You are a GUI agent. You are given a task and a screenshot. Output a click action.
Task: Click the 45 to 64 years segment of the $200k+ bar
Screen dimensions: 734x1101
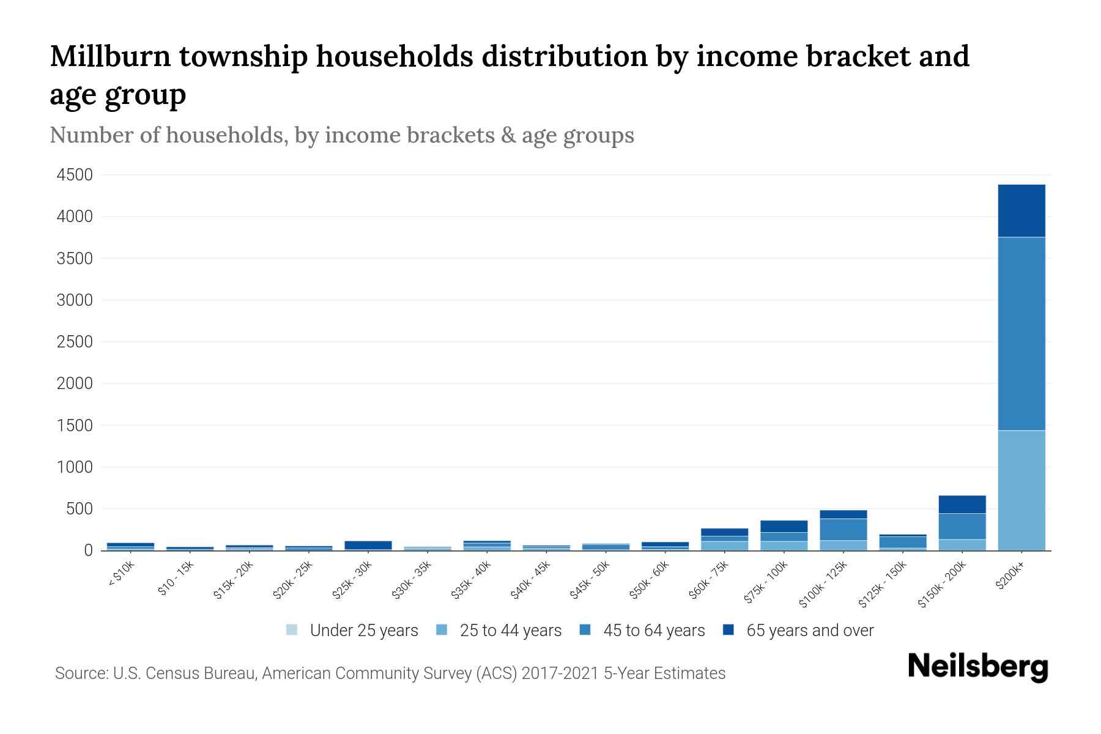coord(1021,333)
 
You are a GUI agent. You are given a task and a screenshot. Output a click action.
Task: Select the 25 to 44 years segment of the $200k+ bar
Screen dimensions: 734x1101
coord(1021,490)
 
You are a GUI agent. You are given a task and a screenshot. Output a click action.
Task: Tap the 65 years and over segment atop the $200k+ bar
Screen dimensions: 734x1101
coord(1021,210)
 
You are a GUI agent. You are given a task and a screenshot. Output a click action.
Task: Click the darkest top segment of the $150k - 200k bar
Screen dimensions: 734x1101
coord(962,504)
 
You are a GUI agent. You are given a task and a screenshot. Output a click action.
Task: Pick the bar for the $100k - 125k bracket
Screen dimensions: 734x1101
coord(843,530)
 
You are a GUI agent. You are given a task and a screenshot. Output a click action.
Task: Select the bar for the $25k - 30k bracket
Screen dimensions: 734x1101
coord(368,545)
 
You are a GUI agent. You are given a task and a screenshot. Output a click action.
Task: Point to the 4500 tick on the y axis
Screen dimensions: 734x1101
coord(75,176)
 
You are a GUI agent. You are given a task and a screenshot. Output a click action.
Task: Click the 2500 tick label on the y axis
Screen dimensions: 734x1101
coord(75,342)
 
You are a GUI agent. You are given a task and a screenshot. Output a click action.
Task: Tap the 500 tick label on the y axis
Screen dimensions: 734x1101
coord(80,509)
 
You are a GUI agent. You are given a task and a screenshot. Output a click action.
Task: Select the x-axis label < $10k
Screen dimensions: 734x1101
coord(120,575)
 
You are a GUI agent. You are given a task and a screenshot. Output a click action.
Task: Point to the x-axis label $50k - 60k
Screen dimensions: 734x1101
coord(649,580)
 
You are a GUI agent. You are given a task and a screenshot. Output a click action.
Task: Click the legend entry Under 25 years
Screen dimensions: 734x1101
coord(363,631)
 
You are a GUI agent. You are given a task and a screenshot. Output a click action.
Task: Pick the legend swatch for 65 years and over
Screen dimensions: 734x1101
coord(728,630)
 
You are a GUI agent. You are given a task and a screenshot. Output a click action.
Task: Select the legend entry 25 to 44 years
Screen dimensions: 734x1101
coord(510,631)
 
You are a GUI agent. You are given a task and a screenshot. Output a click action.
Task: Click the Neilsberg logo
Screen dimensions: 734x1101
coord(977,667)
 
